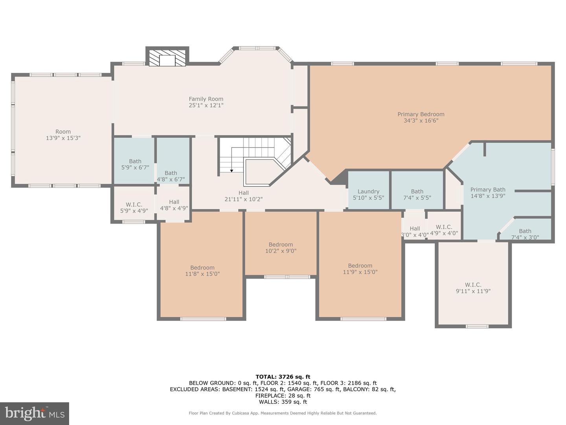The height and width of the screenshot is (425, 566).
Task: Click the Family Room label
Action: (206, 99)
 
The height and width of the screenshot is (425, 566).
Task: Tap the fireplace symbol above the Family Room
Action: (167, 58)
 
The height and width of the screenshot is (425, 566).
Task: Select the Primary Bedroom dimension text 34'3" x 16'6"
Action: (421, 121)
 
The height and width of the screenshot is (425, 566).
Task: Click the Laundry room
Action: (368, 194)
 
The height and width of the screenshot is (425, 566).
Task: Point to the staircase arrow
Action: (232, 170)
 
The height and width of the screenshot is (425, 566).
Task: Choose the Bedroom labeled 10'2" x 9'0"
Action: (281, 248)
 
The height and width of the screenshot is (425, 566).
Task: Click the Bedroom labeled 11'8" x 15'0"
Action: (202, 271)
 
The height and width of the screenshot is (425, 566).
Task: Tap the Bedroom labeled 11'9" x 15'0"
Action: (360, 269)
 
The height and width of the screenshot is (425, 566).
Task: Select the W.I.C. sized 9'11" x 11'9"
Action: (473, 288)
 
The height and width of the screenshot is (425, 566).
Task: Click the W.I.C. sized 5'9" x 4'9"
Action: (134, 207)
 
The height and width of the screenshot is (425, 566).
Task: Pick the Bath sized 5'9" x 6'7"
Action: (135, 164)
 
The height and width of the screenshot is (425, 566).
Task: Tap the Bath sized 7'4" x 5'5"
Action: (417, 194)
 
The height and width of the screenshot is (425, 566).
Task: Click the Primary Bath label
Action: (488, 190)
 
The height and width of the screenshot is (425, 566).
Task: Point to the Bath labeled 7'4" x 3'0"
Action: (525, 234)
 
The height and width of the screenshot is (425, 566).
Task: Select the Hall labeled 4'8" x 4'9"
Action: (174, 205)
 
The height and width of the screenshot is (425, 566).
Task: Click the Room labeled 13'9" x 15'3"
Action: (63, 135)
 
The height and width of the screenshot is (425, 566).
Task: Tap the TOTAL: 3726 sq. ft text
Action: (283, 377)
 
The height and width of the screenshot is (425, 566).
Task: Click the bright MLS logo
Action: (35, 413)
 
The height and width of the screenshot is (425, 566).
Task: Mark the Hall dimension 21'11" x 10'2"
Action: (243, 199)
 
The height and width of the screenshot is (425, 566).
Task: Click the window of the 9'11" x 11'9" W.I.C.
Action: (477, 326)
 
